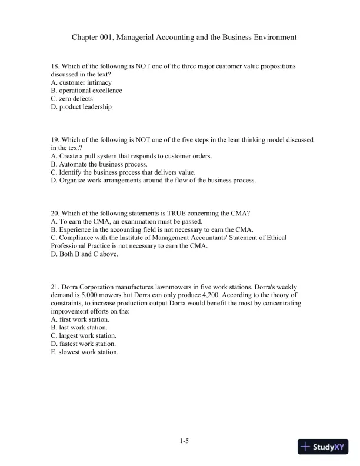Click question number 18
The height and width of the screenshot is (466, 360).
coord(55,66)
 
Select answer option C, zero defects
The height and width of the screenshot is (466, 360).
coord(72,99)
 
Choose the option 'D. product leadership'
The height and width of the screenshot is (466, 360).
coord(81,107)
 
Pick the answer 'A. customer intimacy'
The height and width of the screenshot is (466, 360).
coord(81,82)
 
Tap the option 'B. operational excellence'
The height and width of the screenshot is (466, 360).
coord(86,91)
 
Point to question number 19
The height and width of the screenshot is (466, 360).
coord(55,140)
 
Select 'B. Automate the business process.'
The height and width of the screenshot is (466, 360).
coord(99,164)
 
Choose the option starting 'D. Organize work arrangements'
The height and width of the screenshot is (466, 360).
coord(154,181)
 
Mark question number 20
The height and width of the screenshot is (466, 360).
coord(55,213)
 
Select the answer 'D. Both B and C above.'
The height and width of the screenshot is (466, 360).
coord(85,254)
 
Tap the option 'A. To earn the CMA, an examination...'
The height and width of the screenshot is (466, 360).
coord(126,221)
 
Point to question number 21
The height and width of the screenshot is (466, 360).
coord(55,287)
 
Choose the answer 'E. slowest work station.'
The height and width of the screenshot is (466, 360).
coord(85,352)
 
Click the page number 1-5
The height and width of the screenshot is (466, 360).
coord(184,440)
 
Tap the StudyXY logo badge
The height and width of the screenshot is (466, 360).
coord(324,447)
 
